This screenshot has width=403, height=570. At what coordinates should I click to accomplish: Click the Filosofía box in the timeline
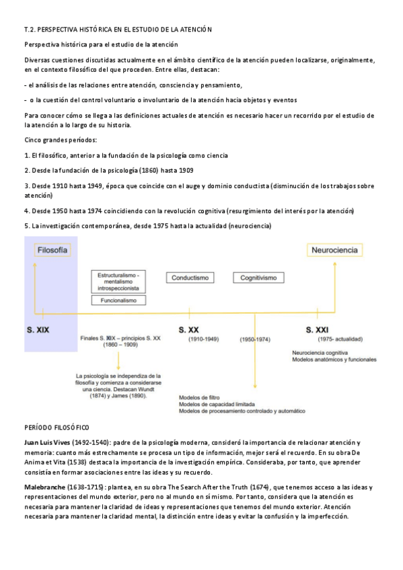(x=51, y=250)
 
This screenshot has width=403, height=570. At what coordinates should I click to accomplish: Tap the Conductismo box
(x=190, y=278)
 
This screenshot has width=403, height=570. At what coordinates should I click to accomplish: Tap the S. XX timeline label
(x=188, y=330)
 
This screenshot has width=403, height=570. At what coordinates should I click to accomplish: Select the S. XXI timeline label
(x=318, y=330)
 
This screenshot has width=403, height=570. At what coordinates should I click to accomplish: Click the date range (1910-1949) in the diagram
(x=203, y=340)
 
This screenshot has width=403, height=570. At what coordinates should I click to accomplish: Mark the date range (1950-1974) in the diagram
(x=255, y=340)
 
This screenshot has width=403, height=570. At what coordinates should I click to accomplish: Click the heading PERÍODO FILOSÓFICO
(x=57, y=428)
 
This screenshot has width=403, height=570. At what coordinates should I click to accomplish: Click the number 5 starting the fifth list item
(x=26, y=226)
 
